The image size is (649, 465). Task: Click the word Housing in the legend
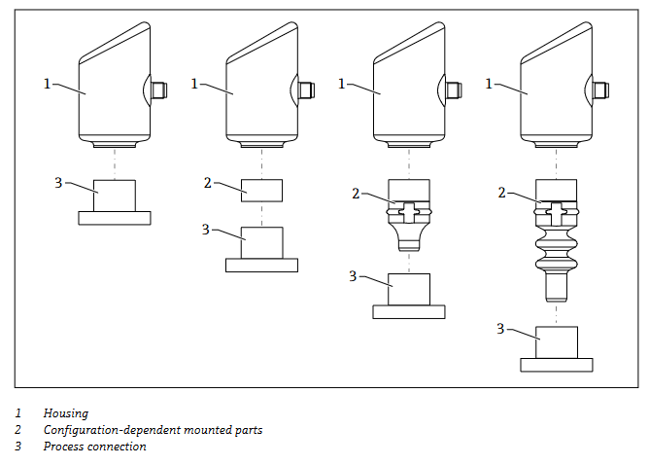coord(65,413)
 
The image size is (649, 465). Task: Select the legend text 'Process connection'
coord(94,447)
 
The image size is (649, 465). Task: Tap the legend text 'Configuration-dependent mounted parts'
coord(153,430)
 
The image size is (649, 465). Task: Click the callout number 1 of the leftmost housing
coord(47,84)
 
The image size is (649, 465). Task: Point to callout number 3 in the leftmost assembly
coord(58,182)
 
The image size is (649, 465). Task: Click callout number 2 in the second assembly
coord(207,182)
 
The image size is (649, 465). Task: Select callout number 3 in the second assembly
coord(205,229)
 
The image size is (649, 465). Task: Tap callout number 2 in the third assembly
coord(356,193)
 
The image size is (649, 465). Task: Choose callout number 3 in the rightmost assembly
coord(500,329)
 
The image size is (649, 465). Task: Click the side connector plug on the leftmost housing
coord(159,90)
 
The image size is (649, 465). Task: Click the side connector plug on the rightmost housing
coord(600,90)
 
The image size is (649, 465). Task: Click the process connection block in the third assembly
coord(409,290)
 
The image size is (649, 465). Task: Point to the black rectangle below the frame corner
coord(625,395)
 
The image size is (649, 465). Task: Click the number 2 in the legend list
coord(17,430)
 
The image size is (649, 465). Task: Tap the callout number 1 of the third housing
coord(342,84)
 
